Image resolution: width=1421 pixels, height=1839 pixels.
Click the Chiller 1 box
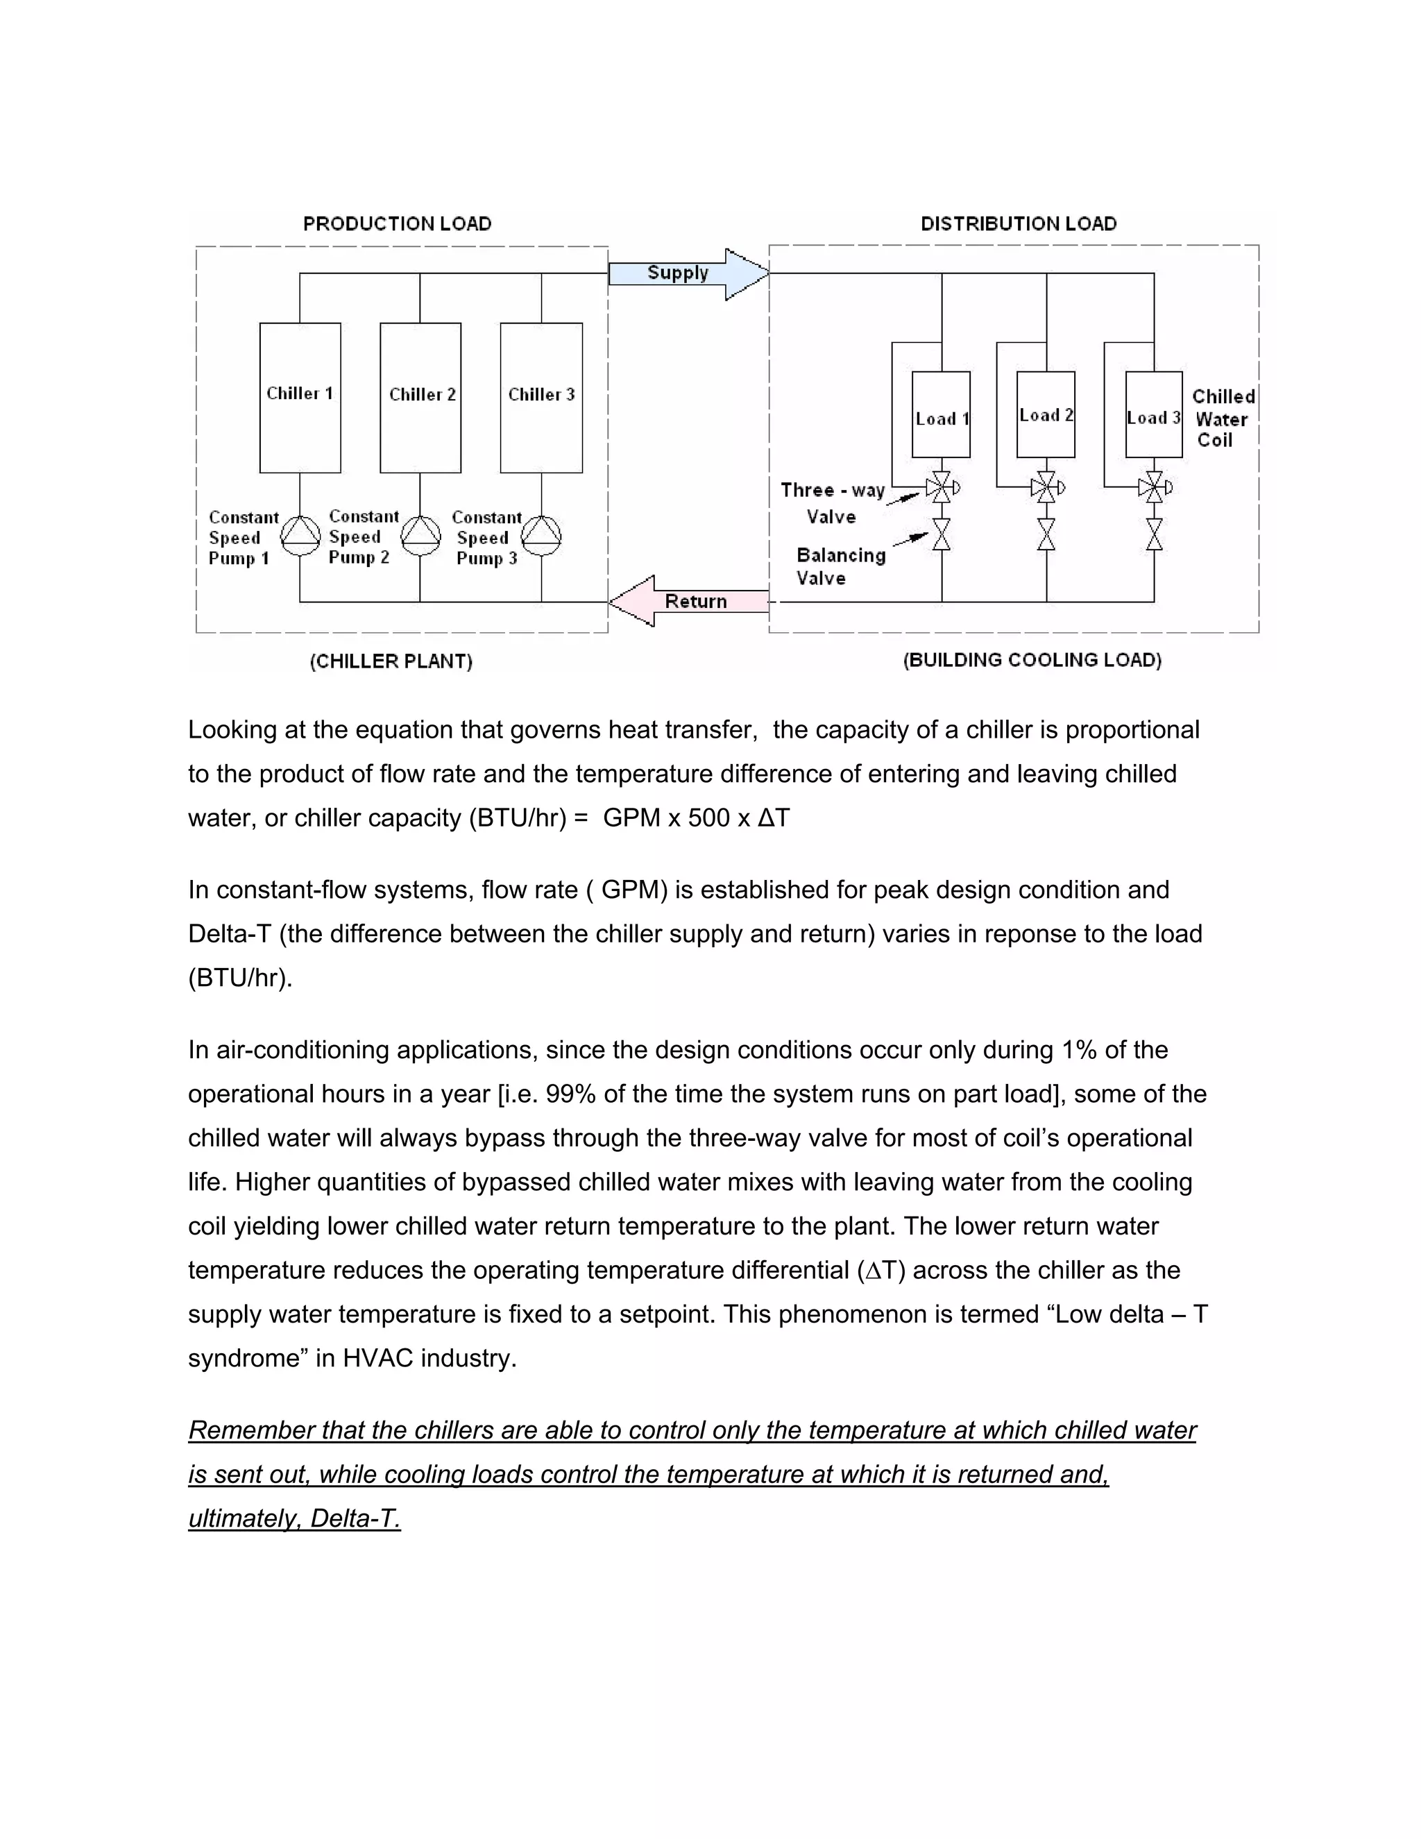[300, 398]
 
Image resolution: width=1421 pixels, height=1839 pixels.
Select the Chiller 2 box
[420, 398]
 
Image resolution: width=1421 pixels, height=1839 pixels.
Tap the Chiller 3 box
[541, 398]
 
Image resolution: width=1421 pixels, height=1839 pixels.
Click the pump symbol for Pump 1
[300, 536]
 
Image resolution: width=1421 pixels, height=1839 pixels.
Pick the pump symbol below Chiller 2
[420, 536]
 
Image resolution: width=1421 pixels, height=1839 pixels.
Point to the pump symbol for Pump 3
[541, 536]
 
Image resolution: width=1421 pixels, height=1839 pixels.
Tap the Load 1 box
[941, 414]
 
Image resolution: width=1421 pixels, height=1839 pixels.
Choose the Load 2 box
[1046, 414]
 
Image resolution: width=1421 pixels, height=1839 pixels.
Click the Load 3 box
[1154, 414]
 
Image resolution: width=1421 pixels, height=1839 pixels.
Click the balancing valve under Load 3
[1154, 534]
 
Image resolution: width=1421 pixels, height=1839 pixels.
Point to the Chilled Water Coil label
[1223, 418]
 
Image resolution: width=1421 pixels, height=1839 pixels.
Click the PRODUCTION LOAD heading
[398, 224]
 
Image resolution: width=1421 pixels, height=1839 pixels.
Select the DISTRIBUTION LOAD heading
[1019, 224]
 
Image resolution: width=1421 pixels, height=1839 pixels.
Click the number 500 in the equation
[709, 818]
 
